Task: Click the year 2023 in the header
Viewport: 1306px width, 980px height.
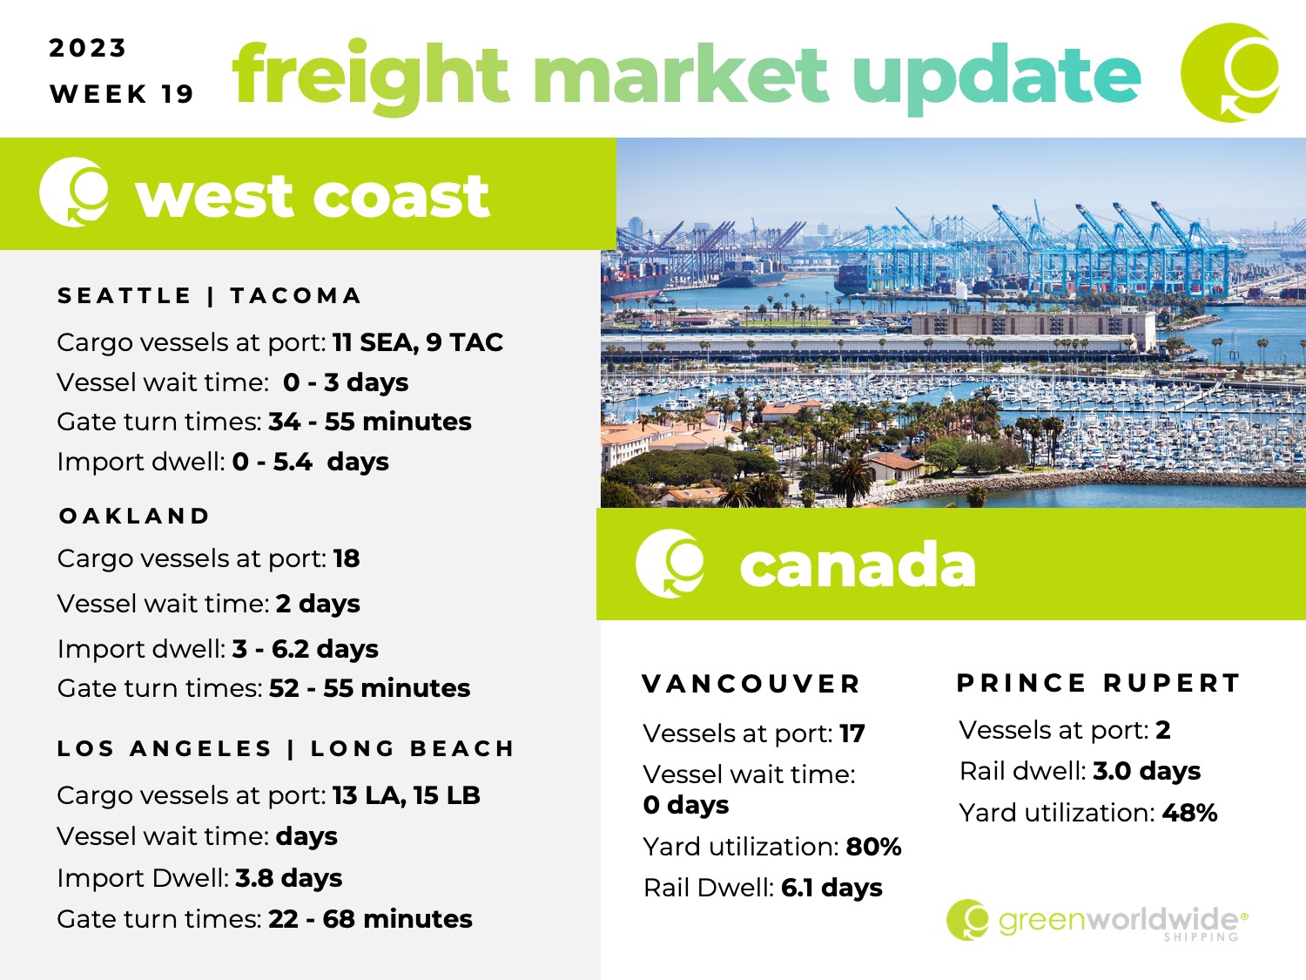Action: click(87, 48)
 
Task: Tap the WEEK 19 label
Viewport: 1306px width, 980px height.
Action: click(122, 94)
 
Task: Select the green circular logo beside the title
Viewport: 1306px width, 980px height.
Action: click(1230, 72)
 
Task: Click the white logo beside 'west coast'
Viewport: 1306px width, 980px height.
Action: click(74, 193)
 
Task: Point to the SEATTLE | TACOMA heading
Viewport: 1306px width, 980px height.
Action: click(210, 295)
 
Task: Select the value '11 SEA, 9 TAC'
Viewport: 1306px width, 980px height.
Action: click(418, 342)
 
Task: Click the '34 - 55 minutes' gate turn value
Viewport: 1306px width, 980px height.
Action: click(369, 422)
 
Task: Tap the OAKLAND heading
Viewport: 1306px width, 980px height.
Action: click(134, 516)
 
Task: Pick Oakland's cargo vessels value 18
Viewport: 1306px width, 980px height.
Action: click(347, 558)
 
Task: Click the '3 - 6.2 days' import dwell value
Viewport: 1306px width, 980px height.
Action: click(306, 649)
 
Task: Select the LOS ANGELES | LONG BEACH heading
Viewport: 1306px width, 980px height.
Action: click(286, 748)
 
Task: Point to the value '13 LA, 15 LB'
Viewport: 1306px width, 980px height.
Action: click(406, 795)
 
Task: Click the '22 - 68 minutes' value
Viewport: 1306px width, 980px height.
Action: click(370, 919)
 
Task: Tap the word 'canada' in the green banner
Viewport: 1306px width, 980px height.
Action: click(858, 564)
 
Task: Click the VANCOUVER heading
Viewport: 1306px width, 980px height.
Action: click(751, 685)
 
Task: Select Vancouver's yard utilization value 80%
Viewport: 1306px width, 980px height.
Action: click(873, 847)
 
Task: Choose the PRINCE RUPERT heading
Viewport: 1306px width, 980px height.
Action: click(1099, 683)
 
